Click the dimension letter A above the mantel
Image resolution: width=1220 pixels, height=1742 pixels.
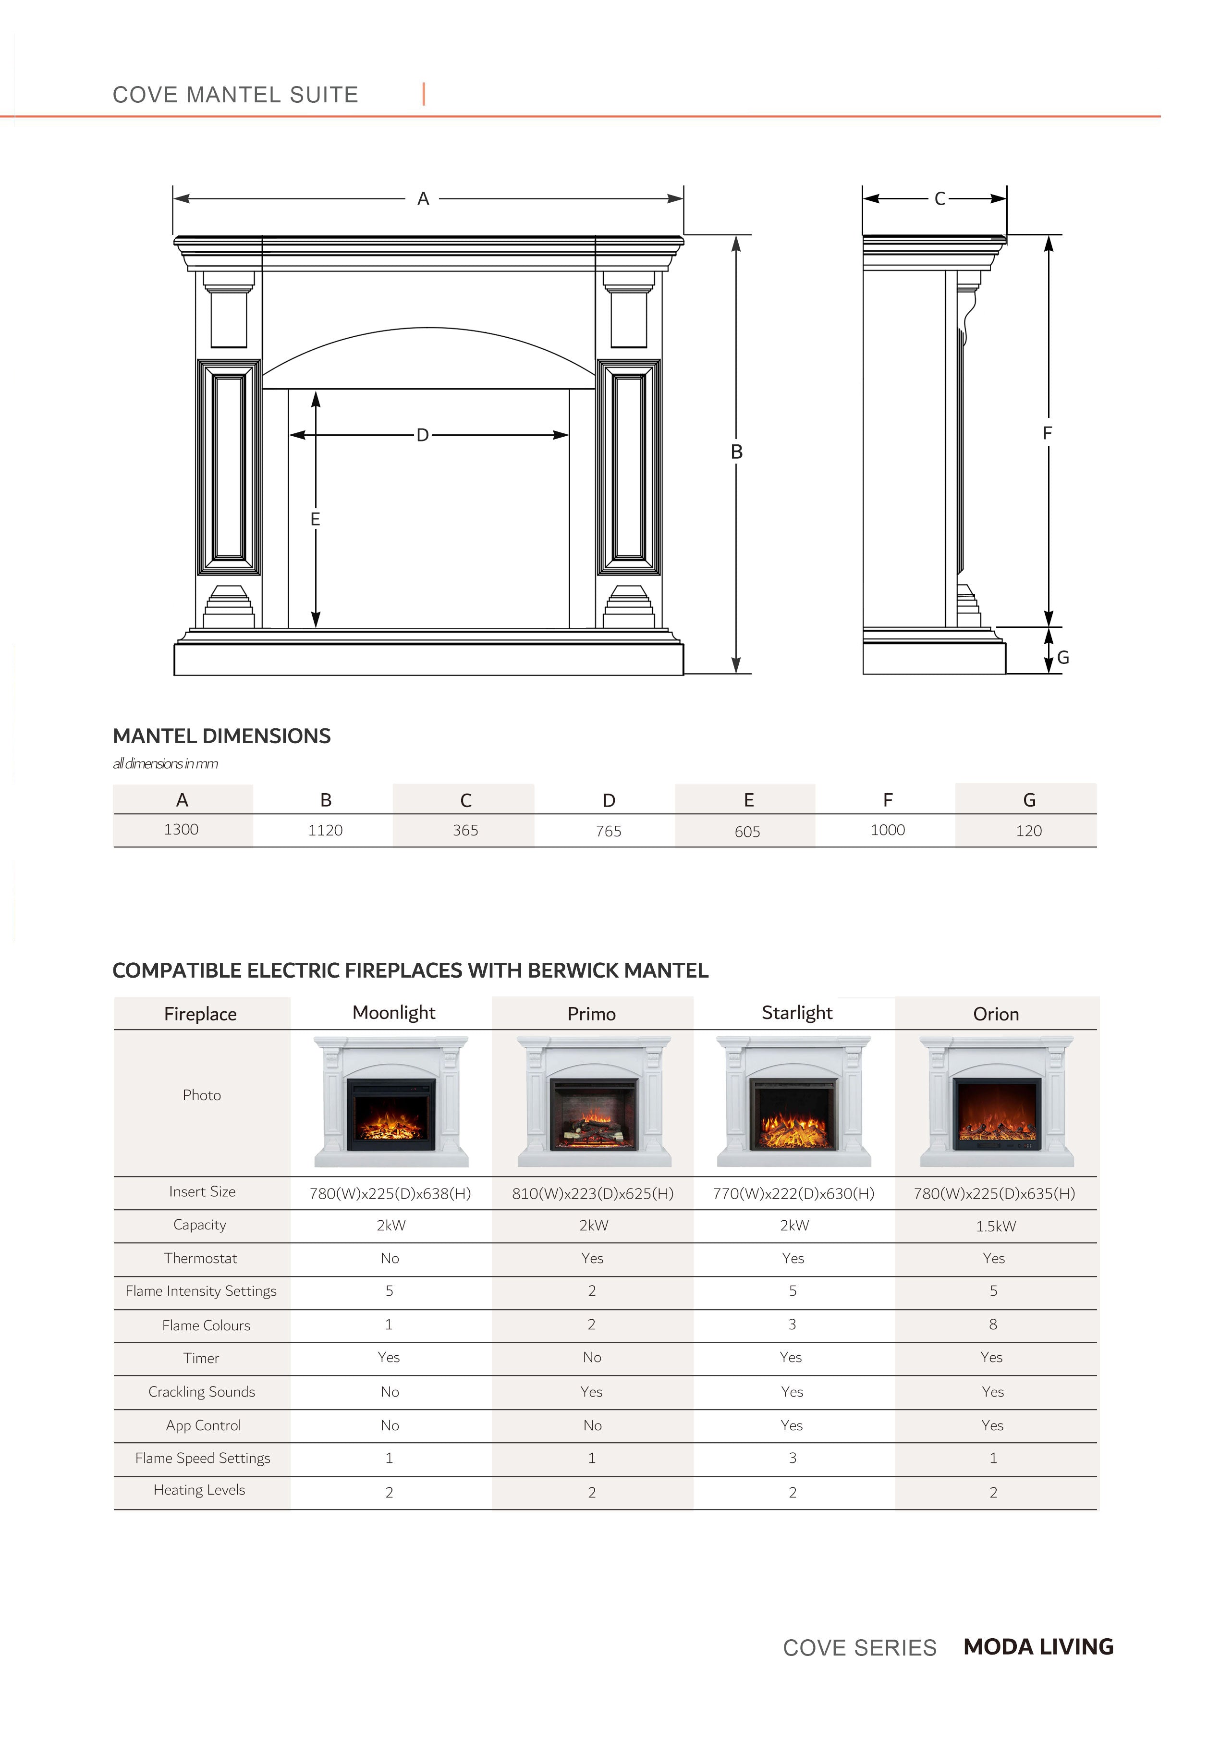tap(423, 199)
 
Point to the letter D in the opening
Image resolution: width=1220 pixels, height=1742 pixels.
tap(423, 435)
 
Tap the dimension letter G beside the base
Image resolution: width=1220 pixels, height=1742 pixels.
tap(1063, 658)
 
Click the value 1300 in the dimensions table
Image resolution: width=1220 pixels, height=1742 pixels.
tap(182, 829)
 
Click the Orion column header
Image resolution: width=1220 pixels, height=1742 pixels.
tap(995, 1014)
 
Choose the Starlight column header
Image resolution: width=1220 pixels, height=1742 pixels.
tap(797, 1013)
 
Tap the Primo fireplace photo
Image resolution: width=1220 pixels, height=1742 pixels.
tap(593, 1102)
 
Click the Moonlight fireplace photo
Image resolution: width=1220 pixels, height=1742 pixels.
tap(391, 1102)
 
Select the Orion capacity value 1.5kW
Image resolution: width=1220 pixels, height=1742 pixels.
tap(995, 1226)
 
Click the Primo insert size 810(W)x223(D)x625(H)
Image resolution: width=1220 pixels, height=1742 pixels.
tap(593, 1193)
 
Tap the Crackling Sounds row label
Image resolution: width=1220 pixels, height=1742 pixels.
tap(202, 1391)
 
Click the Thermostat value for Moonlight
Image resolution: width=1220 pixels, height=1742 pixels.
tap(390, 1258)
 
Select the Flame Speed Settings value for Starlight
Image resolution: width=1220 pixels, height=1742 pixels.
tap(793, 1458)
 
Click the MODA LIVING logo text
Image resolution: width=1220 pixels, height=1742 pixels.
tap(1038, 1646)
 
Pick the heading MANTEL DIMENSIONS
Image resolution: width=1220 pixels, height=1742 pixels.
tap(221, 736)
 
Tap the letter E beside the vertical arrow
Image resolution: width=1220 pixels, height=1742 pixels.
tap(315, 519)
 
